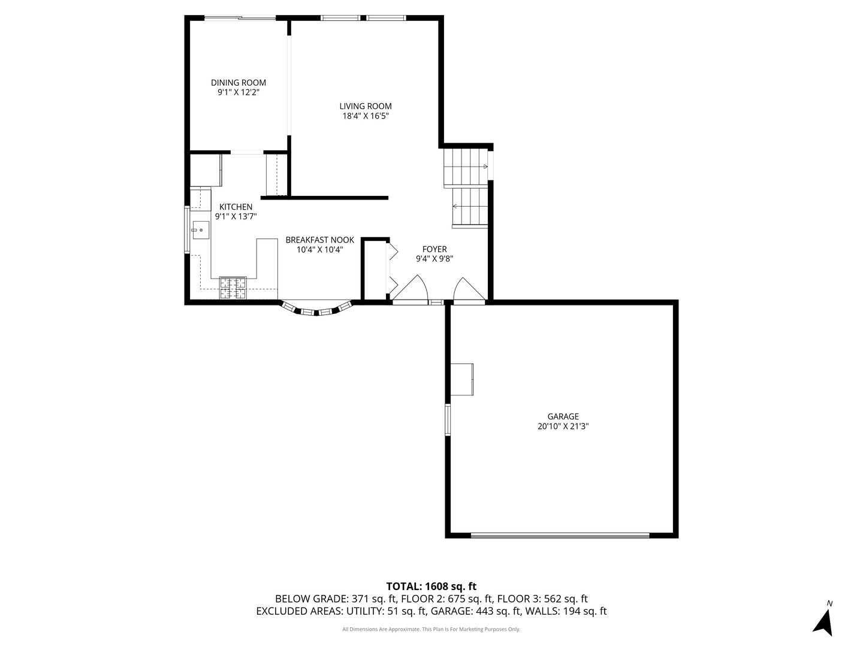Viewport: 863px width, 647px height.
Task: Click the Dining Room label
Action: click(x=238, y=83)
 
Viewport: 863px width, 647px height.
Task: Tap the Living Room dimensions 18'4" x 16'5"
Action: click(x=366, y=116)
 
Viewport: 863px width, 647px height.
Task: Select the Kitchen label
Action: click(x=236, y=207)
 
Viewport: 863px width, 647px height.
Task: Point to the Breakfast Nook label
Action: click(x=319, y=240)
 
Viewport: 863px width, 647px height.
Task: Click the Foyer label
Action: click(x=434, y=249)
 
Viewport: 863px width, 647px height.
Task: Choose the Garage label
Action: click(x=563, y=416)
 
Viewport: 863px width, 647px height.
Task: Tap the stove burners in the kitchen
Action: click(x=233, y=288)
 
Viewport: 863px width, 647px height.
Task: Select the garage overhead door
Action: click(x=560, y=536)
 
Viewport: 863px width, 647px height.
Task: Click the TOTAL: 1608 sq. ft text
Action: click(x=431, y=586)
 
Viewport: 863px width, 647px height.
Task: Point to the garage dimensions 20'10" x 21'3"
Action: click(x=563, y=427)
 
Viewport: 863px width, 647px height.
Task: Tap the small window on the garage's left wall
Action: click(x=447, y=419)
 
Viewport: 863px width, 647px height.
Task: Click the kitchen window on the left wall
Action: click(x=187, y=230)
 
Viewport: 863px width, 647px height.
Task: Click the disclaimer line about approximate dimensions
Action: click(x=431, y=629)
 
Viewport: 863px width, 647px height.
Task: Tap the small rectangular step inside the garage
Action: click(x=462, y=379)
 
